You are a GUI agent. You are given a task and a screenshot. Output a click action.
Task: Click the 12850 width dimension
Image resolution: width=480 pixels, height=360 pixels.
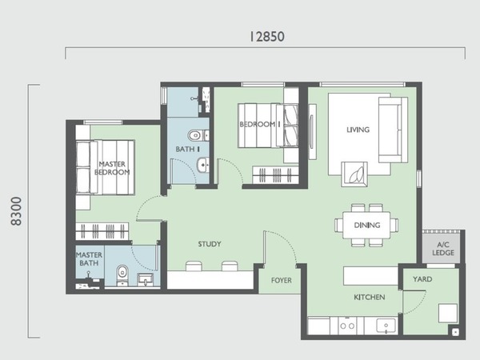[267, 37]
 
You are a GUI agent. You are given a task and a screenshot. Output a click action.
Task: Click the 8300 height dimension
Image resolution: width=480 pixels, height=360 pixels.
[17, 211]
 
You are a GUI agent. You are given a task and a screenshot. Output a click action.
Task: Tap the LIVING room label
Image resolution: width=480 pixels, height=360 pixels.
[358, 130]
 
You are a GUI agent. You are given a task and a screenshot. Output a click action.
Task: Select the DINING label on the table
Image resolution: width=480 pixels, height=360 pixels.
[367, 226]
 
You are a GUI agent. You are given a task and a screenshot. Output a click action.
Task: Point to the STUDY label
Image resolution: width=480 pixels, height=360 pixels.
[210, 244]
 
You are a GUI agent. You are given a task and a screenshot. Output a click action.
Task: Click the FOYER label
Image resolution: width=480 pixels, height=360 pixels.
[282, 280]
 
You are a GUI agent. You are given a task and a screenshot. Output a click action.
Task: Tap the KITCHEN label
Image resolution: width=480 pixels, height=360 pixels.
[369, 297]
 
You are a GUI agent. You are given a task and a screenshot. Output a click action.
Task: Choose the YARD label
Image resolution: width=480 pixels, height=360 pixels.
[422, 279]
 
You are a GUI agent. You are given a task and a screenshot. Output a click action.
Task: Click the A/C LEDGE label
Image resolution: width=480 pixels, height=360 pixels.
[443, 249]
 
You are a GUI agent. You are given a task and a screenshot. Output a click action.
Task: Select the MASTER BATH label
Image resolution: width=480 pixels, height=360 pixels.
[89, 259]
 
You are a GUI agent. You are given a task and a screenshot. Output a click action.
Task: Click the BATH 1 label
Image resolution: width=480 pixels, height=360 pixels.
[188, 149]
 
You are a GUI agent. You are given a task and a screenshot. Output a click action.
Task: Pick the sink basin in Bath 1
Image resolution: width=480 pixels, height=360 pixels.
[202, 166]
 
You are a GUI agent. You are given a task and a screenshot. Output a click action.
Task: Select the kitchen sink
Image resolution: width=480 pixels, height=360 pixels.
[386, 326]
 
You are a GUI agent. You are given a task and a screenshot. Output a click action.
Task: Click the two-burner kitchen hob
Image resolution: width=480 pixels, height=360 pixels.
[347, 326]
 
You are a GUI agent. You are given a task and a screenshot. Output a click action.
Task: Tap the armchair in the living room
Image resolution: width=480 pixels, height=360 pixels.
[354, 174]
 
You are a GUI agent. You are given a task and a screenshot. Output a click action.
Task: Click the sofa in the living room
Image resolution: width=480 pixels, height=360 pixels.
[393, 130]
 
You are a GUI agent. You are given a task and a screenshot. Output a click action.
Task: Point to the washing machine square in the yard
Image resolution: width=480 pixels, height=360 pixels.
[448, 313]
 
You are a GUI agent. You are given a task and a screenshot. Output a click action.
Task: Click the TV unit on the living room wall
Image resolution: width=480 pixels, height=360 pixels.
[312, 132]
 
